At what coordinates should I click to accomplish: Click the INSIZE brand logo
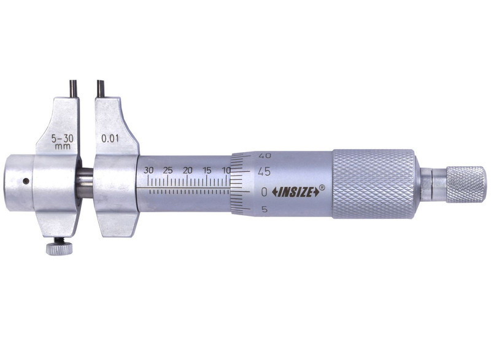pyautogui.click(x=296, y=193)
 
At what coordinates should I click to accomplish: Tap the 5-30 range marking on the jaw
pyautogui.click(x=63, y=139)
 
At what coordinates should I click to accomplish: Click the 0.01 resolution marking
pyautogui.click(x=110, y=138)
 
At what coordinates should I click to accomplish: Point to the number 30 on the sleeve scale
pyautogui.click(x=149, y=170)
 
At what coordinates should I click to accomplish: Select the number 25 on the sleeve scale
pyautogui.click(x=168, y=170)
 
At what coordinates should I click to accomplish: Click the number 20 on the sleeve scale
pyautogui.click(x=188, y=170)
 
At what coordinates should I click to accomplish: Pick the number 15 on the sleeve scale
pyautogui.click(x=207, y=170)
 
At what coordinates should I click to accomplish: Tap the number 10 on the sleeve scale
pyautogui.click(x=226, y=170)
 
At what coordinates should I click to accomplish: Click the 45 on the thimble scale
pyautogui.click(x=264, y=171)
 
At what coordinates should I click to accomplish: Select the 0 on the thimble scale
pyautogui.click(x=265, y=192)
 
